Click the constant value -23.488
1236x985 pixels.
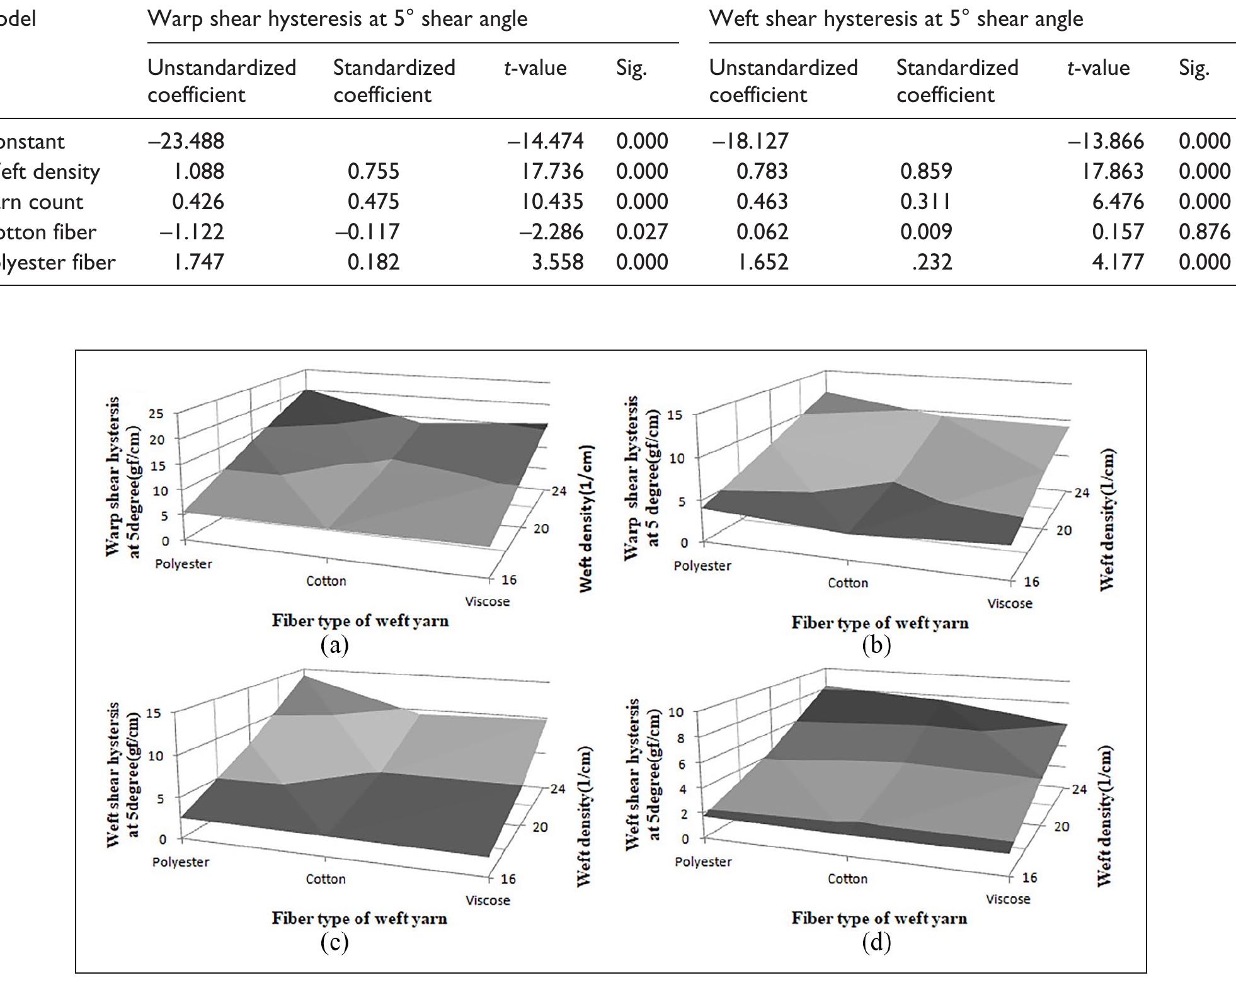pyautogui.click(x=186, y=141)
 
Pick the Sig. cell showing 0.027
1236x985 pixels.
pyautogui.click(x=641, y=232)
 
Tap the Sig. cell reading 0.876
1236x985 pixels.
pyautogui.click(x=1204, y=232)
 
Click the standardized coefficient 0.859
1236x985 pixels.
pyautogui.click(x=926, y=171)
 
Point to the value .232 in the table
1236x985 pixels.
pyautogui.click(x=932, y=262)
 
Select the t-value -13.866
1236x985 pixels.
pyautogui.click(x=1105, y=141)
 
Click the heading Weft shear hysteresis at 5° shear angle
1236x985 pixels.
pyautogui.click(x=896, y=19)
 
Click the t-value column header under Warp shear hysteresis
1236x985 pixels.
pyautogui.click(x=535, y=68)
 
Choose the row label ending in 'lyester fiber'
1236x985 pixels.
pyautogui.click(x=58, y=262)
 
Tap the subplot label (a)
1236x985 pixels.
pyautogui.click(x=335, y=644)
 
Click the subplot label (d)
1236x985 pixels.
pyautogui.click(x=876, y=942)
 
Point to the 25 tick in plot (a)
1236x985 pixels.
pyautogui.click(x=156, y=414)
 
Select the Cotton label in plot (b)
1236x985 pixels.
pyautogui.click(x=847, y=583)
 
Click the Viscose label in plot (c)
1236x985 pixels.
pyautogui.click(x=487, y=901)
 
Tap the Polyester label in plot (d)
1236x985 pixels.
pyautogui.click(x=703, y=862)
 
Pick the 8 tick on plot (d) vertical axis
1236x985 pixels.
pyautogui.click(x=680, y=737)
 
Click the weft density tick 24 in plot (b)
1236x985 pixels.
pyautogui.click(x=1081, y=493)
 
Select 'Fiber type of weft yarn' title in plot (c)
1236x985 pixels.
pyautogui.click(x=359, y=918)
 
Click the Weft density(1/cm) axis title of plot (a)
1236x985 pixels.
pyautogui.click(x=587, y=518)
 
